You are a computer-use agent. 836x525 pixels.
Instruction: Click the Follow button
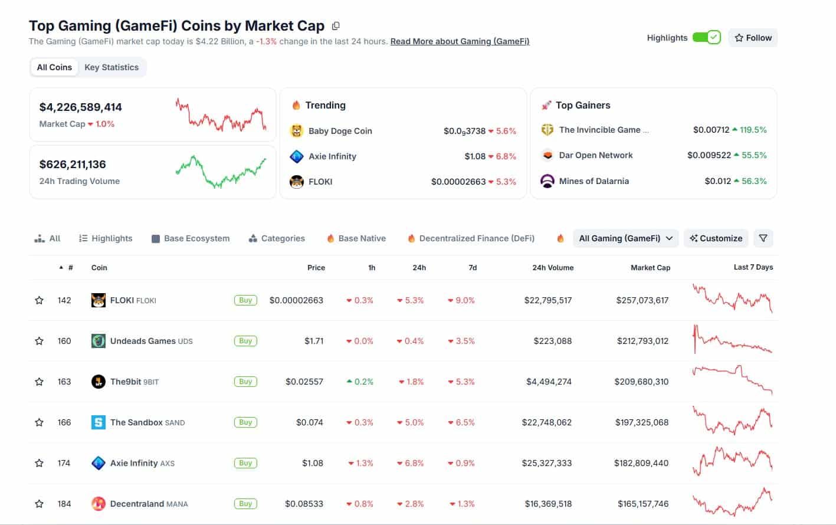pos(753,38)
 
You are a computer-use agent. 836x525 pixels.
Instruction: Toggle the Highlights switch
pos(706,38)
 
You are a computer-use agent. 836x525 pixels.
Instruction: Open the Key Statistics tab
pos(112,67)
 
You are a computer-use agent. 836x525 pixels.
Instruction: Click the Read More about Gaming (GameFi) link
pos(460,41)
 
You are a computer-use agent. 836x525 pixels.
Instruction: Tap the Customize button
pos(716,238)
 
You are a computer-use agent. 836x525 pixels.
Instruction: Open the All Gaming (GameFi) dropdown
pos(625,238)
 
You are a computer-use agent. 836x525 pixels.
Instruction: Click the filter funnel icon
pos(763,238)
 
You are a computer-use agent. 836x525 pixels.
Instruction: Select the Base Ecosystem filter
pos(191,238)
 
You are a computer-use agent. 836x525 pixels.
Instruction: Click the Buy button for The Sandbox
pos(245,422)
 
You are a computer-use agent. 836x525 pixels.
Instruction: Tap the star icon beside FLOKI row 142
pos(40,300)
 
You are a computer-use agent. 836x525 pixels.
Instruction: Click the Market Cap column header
pos(650,268)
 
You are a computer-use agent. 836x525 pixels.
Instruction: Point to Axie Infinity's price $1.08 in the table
pos(312,463)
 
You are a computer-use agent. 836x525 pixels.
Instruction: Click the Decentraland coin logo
pos(99,504)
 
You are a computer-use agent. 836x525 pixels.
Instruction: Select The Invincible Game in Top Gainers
pos(599,130)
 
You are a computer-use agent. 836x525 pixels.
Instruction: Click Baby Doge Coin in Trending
pos(340,131)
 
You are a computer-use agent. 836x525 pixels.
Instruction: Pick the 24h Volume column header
pos(553,268)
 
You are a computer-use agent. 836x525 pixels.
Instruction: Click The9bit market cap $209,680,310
pos(641,382)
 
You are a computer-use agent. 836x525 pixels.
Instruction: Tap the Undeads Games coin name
pos(143,341)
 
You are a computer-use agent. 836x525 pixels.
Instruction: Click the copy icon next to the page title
pos(336,26)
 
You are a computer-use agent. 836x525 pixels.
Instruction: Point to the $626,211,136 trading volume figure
pos(73,165)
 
